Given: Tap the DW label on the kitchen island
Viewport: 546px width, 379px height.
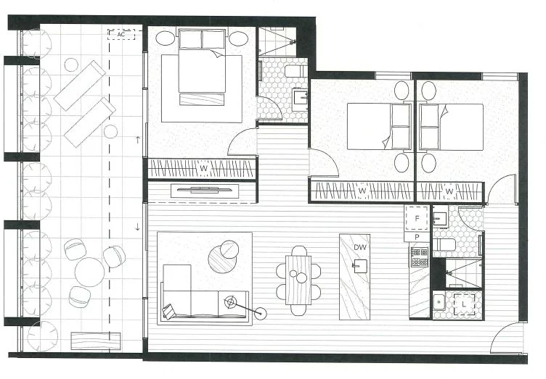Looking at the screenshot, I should (359, 247).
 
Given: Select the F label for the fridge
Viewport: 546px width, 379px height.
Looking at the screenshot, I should (417, 217).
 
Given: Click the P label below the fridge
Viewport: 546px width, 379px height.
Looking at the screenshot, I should (417, 237).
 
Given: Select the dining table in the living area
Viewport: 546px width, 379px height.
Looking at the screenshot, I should (298, 279).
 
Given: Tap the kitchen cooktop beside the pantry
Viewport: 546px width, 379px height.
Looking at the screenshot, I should (420, 255).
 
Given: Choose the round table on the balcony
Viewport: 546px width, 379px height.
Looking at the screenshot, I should (89, 272).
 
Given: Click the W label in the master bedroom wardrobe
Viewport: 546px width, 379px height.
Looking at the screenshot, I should (204, 170).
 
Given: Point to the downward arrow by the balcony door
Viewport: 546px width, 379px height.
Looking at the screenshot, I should (138, 228).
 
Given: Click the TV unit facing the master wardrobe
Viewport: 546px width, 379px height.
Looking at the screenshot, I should (203, 191).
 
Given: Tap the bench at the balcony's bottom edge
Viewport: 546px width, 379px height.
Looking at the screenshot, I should (95, 341).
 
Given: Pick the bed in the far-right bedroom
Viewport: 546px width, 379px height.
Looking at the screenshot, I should (452, 126).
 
